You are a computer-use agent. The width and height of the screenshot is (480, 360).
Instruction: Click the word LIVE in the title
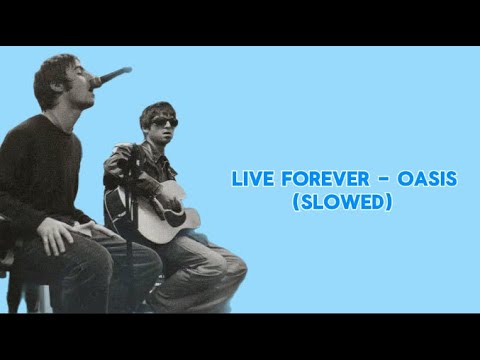[249, 180]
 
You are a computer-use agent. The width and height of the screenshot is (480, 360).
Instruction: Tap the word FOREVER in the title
[317, 180]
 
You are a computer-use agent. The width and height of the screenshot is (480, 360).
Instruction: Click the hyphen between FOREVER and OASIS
[377, 181]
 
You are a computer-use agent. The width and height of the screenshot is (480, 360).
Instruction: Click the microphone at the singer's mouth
[111, 77]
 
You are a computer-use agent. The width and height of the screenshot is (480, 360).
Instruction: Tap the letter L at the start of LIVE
[236, 180]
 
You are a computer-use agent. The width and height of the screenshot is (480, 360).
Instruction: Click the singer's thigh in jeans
[100, 255]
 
